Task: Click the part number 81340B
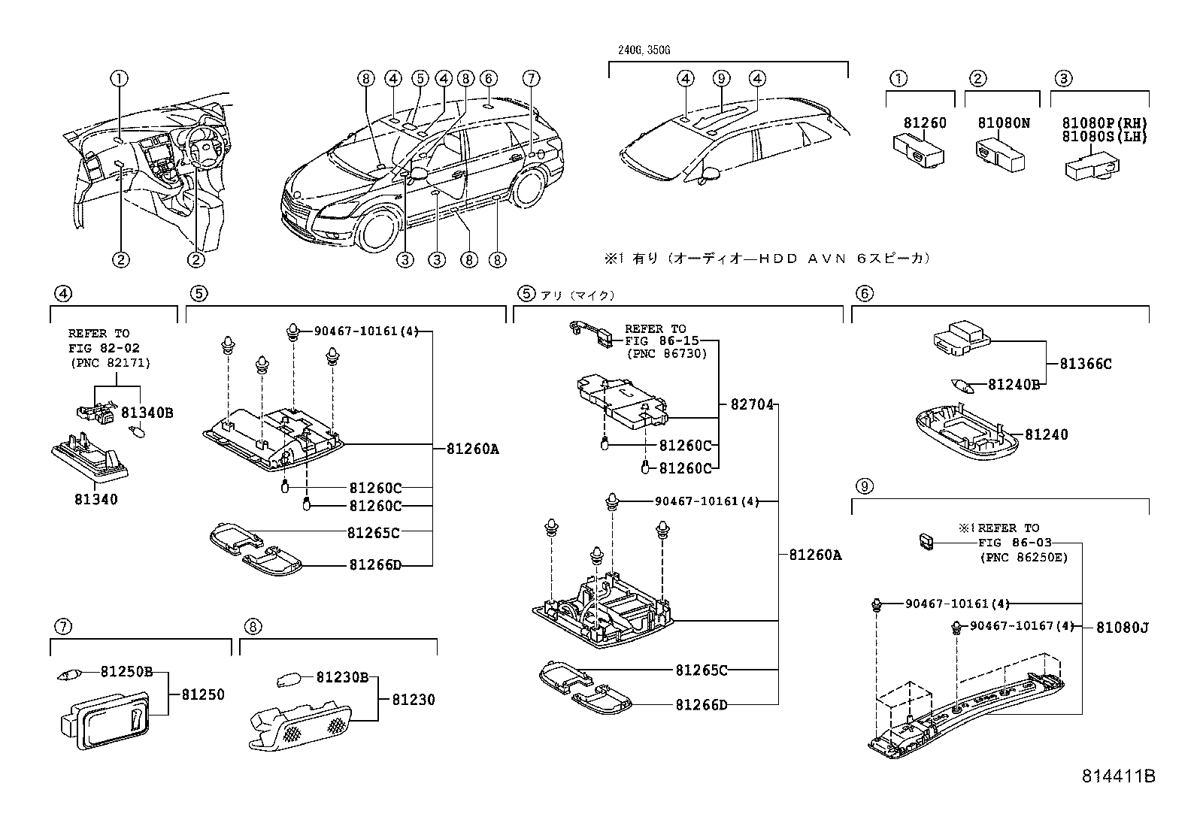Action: click(147, 412)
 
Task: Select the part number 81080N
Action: click(1004, 123)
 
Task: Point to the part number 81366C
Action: click(1085, 364)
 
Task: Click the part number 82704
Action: click(752, 404)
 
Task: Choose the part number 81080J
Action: click(1122, 627)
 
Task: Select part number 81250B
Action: click(127, 671)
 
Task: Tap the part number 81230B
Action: click(341, 677)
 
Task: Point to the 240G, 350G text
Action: click(638, 50)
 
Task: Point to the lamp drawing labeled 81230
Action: click(301, 726)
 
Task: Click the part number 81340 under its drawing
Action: click(95, 498)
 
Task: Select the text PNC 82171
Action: click(110, 363)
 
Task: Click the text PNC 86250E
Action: click(1023, 557)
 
